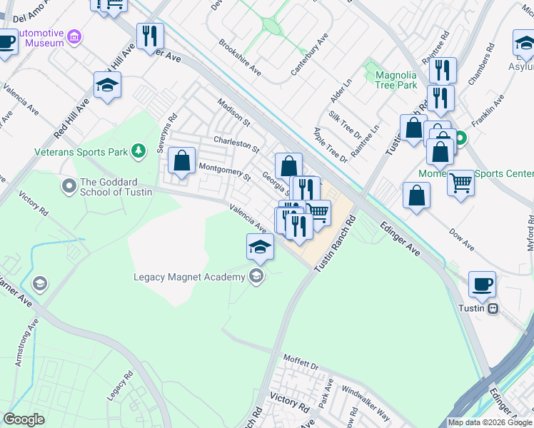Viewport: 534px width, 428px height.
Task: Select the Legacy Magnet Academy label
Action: pos(191,277)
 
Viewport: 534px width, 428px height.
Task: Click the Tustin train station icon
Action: pos(493,308)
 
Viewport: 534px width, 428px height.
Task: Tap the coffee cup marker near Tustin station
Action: pos(483,285)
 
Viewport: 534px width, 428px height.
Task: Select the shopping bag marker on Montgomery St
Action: pos(183,162)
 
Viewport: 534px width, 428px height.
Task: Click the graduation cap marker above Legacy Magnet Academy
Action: pos(261,247)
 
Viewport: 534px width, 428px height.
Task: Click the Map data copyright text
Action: pos(490,422)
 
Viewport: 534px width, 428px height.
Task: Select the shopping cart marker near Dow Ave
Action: pos(461,183)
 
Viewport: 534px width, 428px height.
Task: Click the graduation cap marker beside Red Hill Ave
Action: pos(108,85)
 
